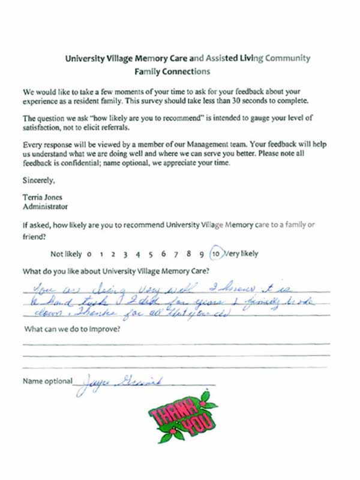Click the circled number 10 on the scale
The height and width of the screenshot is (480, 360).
[x=217, y=253]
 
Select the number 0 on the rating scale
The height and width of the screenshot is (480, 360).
[x=89, y=254]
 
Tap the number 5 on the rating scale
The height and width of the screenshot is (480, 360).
[x=151, y=254]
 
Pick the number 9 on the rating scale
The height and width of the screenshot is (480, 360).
[x=202, y=254]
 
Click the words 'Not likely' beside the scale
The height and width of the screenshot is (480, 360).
[x=65, y=253]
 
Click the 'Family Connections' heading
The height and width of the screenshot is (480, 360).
[x=172, y=71]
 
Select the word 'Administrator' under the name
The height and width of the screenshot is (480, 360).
[x=46, y=207]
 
